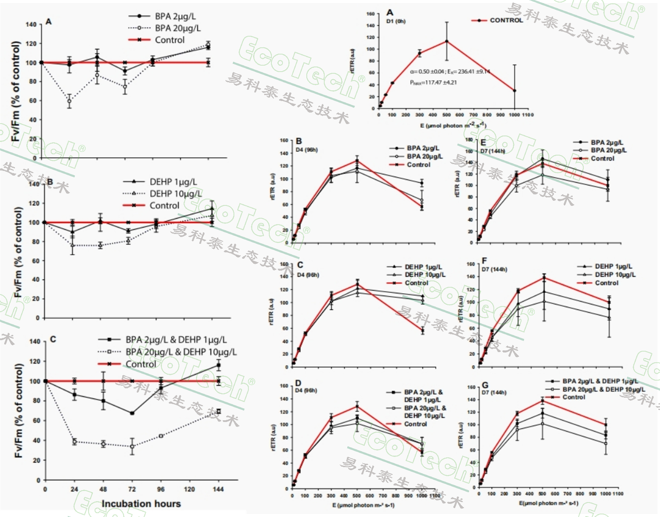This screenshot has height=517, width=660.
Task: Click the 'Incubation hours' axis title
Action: click(x=141, y=504)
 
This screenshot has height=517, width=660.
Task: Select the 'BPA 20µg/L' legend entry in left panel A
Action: click(x=177, y=28)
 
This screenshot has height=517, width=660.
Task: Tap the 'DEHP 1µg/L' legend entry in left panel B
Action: click(x=173, y=182)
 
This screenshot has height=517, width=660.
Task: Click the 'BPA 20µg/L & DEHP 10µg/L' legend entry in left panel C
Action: click(x=181, y=352)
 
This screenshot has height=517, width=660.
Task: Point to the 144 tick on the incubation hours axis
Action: click(x=219, y=489)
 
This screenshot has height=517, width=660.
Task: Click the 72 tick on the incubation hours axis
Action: click(x=132, y=489)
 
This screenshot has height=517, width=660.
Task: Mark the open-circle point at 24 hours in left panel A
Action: click(x=69, y=101)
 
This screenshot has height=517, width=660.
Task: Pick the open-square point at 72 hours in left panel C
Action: click(x=132, y=446)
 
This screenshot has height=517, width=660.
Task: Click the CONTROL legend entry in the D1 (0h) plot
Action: click(x=506, y=20)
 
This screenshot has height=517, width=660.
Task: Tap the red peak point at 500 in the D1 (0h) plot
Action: click(x=447, y=41)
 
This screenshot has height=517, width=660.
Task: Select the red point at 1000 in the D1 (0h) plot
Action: click(x=514, y=90)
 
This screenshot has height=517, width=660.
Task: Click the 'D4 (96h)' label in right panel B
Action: click(x=307, y=150)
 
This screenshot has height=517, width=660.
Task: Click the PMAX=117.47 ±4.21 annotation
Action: click(x=433, y=83)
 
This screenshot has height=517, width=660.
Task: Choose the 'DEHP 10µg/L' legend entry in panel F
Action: click(x=615, y=275)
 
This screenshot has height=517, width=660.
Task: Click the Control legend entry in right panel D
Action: click(x=415, y=424)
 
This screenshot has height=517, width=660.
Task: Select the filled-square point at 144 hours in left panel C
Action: click(x=219, y=365)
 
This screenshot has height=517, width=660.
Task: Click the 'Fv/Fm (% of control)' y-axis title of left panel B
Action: click(x=18, y=252)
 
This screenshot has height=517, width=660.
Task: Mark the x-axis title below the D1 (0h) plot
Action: click(x=453, y=126)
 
